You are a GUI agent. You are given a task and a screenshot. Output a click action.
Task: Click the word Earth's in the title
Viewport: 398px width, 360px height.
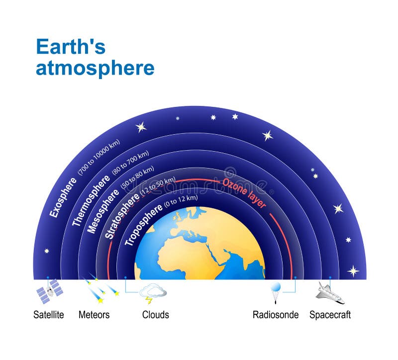[x=71, y=47]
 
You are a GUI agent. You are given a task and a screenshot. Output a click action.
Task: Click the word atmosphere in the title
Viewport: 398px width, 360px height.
[x=95, y=68]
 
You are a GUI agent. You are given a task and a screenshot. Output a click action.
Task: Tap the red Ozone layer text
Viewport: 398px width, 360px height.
[x=244, y=192]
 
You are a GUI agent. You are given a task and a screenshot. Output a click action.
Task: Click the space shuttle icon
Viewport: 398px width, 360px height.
[x=330, y=293]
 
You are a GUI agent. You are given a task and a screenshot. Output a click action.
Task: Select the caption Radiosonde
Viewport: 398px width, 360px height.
[x=276, y=315]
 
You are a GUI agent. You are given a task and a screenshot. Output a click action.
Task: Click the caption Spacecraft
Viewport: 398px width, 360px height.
[x=330, y=315]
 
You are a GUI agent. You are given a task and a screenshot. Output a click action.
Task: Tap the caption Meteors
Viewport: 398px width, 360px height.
[x=94, y=315]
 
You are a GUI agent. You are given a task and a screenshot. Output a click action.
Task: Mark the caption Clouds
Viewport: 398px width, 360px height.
[x=155, y=315]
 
